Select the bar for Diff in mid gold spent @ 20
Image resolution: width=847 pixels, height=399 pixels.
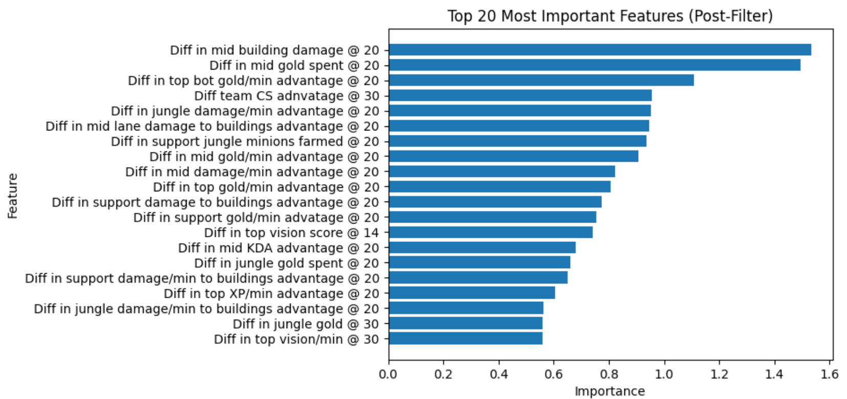click(x=594, y=65)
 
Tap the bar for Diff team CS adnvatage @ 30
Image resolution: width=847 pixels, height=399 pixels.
click(x=520, y=96)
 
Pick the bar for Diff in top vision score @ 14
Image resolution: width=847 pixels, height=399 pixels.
click(x=490, y=233)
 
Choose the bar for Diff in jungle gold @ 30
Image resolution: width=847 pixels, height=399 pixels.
click(x=465, y=324)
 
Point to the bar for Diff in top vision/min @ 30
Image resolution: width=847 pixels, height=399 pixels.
click(x=465, y=339)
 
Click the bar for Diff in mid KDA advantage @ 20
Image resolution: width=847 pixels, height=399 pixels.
click(x=482, y=248)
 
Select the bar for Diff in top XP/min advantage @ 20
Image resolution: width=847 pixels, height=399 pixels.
click(x=472, y=294)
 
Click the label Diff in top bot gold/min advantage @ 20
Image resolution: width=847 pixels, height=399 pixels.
click(x=253, y=81)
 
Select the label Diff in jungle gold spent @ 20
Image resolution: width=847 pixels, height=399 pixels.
click(x=287, y=263)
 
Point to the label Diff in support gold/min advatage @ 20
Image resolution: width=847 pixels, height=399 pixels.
click(x=256, y=218)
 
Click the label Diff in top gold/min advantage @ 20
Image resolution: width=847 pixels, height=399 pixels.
click(x=266, y=187)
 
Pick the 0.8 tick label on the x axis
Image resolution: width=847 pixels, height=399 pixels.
click(x=609, y=374)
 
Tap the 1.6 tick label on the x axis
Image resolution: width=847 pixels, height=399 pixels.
click(x=830, y=374)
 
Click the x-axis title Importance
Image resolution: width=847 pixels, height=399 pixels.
click(x=610, y=391)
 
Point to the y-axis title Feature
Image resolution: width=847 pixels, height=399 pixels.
click(x=12, y=196)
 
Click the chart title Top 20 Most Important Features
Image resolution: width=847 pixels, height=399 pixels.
click(x=610, y=16)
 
